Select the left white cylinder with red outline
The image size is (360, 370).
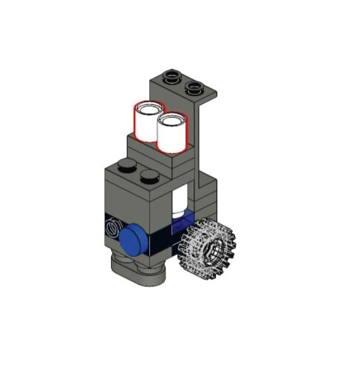pyautogui.click(x=146, y=123)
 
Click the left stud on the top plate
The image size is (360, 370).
pyautogui.click(x=172, y=75)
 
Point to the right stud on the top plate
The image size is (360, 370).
pyautogui.click(x=195, y=88)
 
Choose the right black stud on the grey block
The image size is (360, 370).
pyautogui.click(x=150, y=177)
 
